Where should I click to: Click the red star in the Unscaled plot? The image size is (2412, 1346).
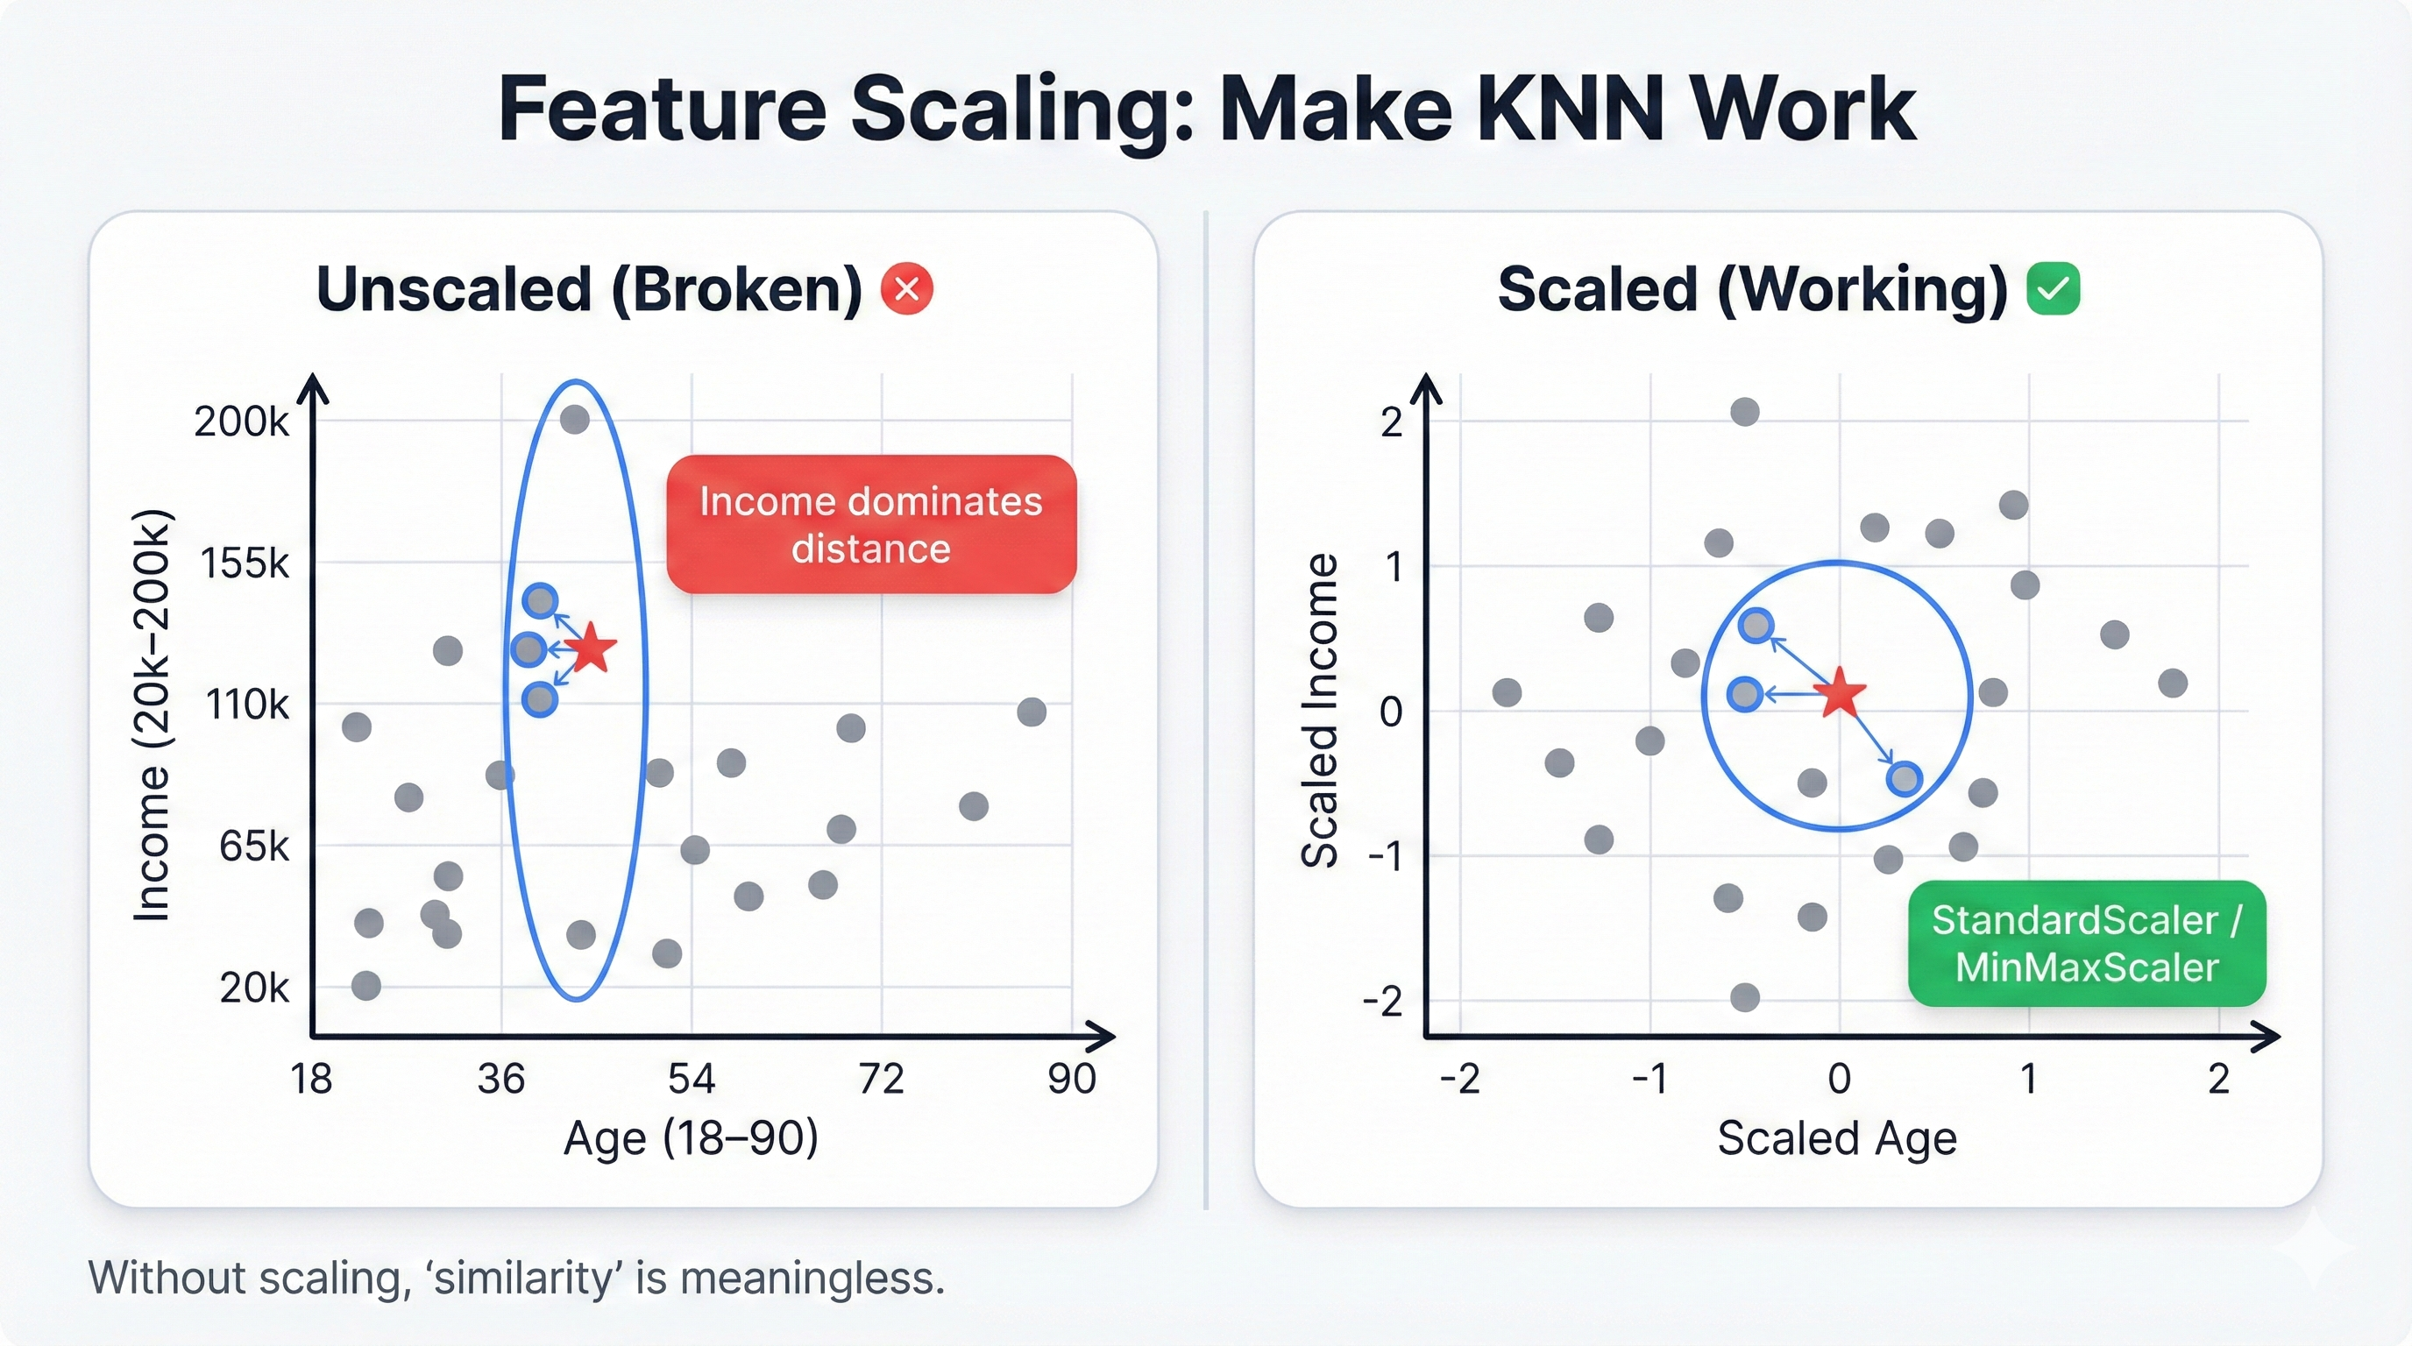pyautogui.click(x=592, y=648)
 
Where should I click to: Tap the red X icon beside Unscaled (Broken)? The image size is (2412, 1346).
pyautogui.click(x=906, y=288)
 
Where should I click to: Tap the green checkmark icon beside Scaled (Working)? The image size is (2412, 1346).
pyautogui.click(x=2053, y=288)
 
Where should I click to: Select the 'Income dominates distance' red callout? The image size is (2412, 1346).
pyautogui.click(x=871, y=524)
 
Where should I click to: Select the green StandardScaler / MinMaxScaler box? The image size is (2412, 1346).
pyautogui.click(x=2086, y=944)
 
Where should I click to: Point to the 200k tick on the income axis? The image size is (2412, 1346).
pyautogui.click(x=242, y=422)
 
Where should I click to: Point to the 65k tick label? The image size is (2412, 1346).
pyautogui.click(x=254, y=847)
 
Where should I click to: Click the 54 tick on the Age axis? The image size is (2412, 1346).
pyautogui.click(x=691, y=1079)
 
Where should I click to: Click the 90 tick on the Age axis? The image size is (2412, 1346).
pyautogui.click(x=1071, y=1079)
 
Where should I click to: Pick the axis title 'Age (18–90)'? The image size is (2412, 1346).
pyautogui.click(x=691, y=1138)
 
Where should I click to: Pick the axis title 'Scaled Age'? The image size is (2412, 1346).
pyautogui.click(x=1836, y=1138)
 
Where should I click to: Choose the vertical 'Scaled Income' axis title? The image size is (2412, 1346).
pyautogui.click(x=1319, y=712)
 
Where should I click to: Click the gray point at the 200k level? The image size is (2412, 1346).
pyautogui.click(x=574, y=420)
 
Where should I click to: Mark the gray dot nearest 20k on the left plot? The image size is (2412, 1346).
pyautogui.click(x=366, y=985)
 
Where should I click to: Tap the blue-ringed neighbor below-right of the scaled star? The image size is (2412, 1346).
pyautogui.click(x=1905, y=779)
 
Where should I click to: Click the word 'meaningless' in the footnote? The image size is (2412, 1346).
pyautogui.click(x=812, y=1278)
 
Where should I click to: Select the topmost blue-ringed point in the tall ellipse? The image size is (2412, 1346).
pyautogui.click(x=540, y=600)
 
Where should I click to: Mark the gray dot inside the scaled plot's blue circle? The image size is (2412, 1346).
pyautogui.click(x=1812, y=783)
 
